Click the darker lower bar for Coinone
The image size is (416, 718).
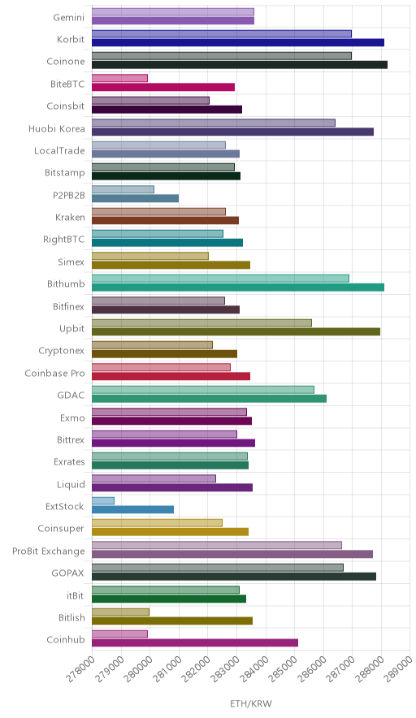tap(240, 64)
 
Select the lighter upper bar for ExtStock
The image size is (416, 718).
tap(103, 500)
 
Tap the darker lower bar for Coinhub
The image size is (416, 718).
tap(195, 642)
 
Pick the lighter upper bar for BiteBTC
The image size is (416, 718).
tap(119, 78)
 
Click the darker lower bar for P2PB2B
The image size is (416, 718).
tap(135, 198)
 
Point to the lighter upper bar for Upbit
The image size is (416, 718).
tap(201, 322)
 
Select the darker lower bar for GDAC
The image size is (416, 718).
tap(210, 398)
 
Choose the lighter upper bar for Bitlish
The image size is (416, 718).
tap(120, 612)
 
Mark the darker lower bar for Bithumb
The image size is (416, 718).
tap(238, 287)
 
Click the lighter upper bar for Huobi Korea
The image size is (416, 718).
tap(214, 123)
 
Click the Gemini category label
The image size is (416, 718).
tap(69, 17)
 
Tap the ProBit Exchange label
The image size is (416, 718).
tap(49, 551)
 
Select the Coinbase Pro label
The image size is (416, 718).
tap(55, 373)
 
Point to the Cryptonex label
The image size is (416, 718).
tap(62, 351)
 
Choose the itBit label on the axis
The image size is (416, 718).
tap(76, 595)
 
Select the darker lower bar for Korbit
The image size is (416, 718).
tap(238, 42)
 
